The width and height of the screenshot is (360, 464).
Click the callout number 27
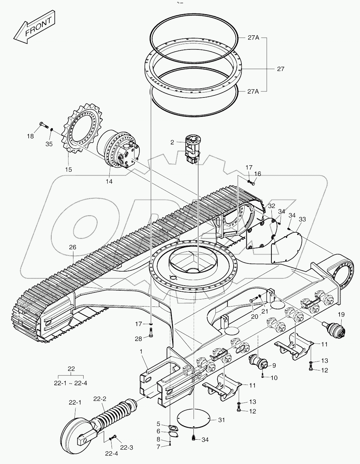[280, 69]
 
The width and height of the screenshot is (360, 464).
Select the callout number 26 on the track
[72, 248]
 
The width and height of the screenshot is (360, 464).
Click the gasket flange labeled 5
[173, 428]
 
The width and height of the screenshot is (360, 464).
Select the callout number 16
[258, 174]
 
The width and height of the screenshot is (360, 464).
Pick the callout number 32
[271, 206]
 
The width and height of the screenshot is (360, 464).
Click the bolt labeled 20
[253, 300]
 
